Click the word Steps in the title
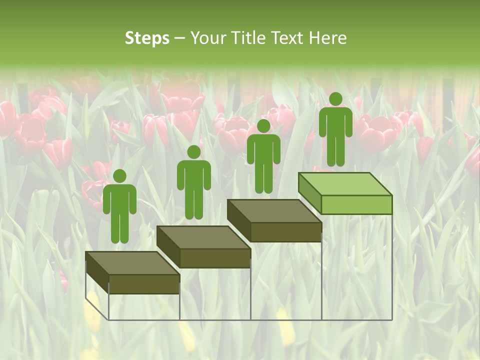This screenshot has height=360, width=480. pyautogui.click(x=147, y=38)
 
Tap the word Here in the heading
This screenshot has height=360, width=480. pyautogui.click(x=328, y=38)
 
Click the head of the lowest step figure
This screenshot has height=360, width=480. pyautogui.click(x=119, y=176)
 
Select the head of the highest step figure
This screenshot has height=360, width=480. pyautogui.click(x=335, y=99)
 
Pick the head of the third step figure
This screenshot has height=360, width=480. pyautogui.click(x=263, y=126)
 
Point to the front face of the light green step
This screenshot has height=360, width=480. pyautogui.click(x=356, y=204)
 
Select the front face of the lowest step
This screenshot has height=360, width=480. pyautogui.click(x=144, y=284)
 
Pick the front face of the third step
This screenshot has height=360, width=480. pyautogui.click(x=285, y=232)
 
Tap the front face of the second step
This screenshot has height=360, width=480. pyautogui.click(x=215, y=258)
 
